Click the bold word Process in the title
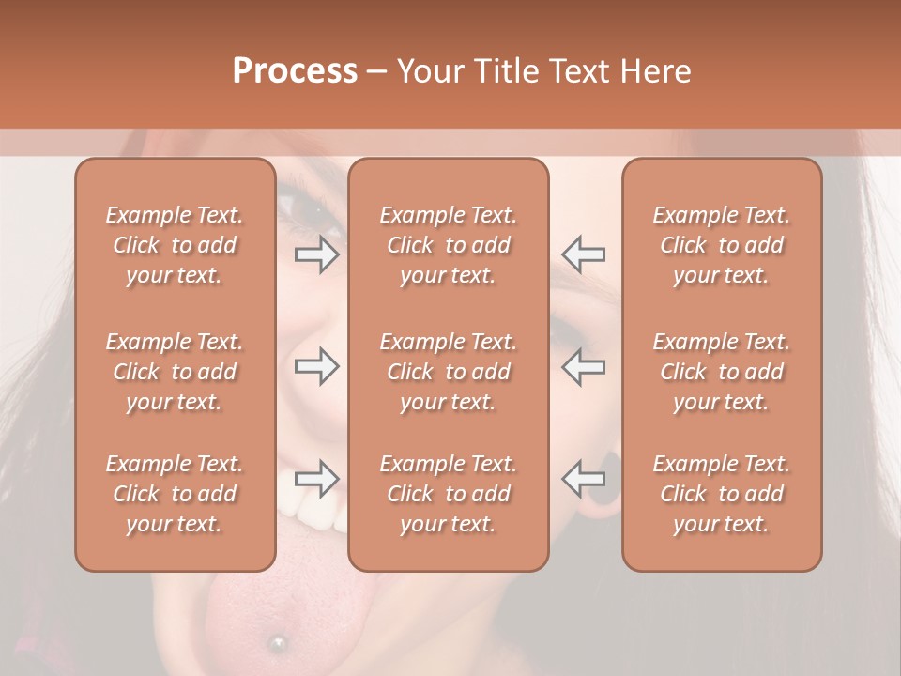(295, 71)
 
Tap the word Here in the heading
(653, 71)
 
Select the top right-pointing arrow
(316, 254)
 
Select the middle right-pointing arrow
(316, 366)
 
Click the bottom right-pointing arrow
(316, 478)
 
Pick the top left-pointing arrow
(583, 254)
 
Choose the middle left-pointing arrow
(583, 366)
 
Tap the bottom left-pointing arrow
(583, 478)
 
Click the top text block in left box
(175, 245)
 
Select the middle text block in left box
(175, 372)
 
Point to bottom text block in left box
(175, 494)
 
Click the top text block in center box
(448, 245)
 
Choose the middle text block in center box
(448, 372)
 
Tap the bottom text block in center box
(448, 494)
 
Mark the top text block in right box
(722, 245)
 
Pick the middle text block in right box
(722, 372)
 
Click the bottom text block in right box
(722, 494)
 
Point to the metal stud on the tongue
(277, 643)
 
